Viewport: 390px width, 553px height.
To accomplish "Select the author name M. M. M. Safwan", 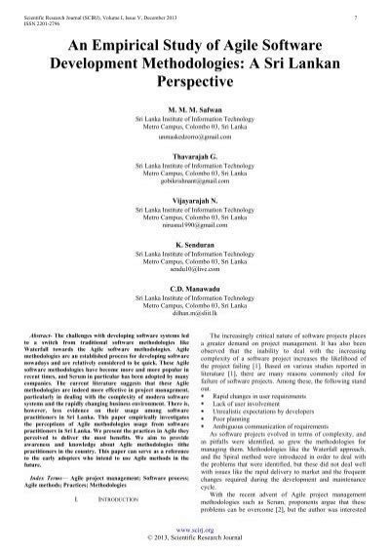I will [194, 107].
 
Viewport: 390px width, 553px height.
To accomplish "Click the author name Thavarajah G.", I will [194, 154].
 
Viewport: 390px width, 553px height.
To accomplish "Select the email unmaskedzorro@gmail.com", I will [194, 139].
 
